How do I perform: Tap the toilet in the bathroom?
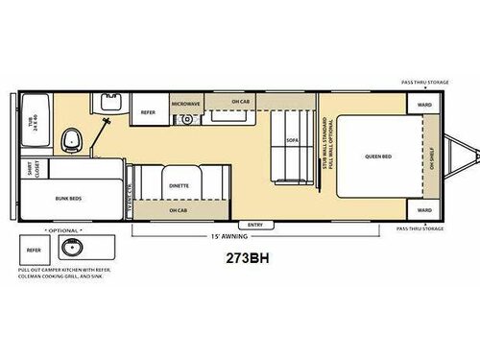point(69,140)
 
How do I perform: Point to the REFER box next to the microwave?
point(149,110)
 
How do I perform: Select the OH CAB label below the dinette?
point(179,209)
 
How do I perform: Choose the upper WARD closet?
point(424,103)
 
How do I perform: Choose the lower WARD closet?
point(424,209)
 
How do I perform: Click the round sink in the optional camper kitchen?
point(70,251)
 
